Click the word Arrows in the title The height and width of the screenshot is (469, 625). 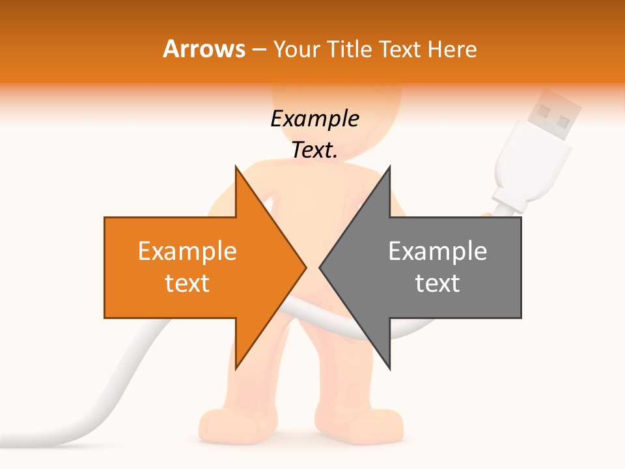(204, 49)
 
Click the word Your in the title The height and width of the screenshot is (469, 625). (296, 50)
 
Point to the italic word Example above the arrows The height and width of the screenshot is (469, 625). (314, 119)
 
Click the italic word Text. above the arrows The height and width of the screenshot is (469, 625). (314, 150)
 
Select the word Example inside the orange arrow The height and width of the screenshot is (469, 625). (187, 251)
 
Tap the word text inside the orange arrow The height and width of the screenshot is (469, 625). (187, 283)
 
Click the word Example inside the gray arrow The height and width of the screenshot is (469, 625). (437, 251)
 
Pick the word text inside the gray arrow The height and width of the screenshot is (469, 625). (437, 283)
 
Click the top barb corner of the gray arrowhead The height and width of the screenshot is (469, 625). (389, 167)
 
